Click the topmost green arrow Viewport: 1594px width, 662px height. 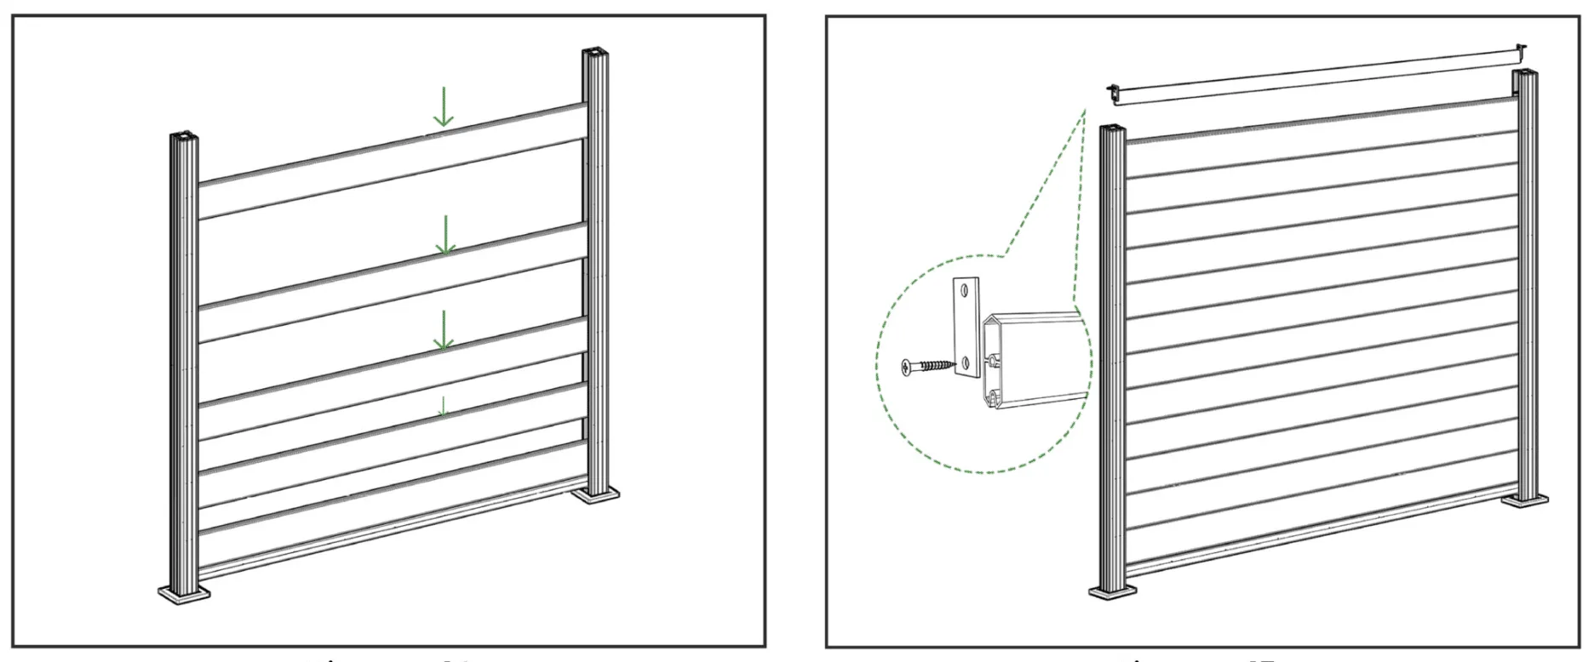(x=442, y=106)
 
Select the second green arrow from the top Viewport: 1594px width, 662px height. (x=444, y=235)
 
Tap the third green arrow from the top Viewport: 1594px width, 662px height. (x=442, y=330)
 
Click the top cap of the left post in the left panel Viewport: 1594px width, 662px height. (x=184, y=136)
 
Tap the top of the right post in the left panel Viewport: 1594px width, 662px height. (x=594, y=55)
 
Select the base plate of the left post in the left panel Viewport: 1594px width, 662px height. (x=184, y=594)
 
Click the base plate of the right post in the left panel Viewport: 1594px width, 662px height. (x=595, y=494)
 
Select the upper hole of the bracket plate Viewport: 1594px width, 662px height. (x=964, y=290)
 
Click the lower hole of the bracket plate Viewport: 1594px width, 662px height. (x=968, y=362)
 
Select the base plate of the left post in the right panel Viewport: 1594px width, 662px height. (x=1113, y=591)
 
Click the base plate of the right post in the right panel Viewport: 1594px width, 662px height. (x=1524, y=500)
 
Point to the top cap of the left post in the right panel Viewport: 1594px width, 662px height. (x=1113, y=129)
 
